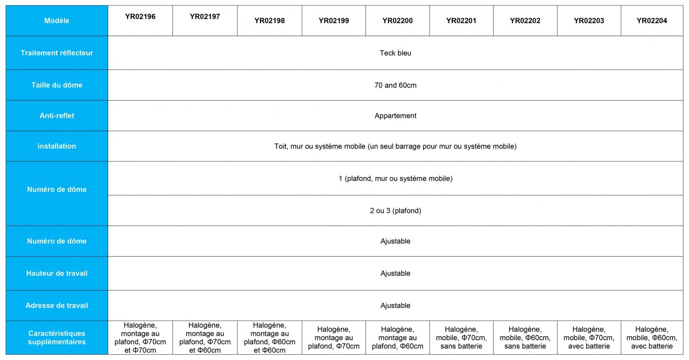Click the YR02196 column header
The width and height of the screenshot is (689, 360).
140,17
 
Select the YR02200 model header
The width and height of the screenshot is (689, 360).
397,21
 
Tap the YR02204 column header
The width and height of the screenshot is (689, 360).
651,21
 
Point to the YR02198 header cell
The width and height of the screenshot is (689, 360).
269,21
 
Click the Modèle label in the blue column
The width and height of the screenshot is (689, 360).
57,21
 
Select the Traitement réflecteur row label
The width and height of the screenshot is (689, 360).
57,53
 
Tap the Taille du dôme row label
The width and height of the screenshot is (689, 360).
57,85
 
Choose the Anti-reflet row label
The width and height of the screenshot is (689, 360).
57,116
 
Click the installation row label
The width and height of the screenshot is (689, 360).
57,146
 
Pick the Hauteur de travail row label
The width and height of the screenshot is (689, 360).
57,273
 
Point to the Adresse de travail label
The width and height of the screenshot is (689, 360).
57,306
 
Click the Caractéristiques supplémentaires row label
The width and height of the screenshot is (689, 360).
57,337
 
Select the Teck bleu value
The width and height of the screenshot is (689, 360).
395,53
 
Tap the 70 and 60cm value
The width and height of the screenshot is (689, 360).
395,85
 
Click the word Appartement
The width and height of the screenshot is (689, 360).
395,116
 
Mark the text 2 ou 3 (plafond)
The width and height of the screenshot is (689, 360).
395,211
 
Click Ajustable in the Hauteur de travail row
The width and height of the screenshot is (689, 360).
395,273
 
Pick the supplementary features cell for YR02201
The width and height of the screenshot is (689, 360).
461,338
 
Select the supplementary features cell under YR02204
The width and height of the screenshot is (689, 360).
651,338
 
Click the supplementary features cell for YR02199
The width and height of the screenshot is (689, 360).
334,338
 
